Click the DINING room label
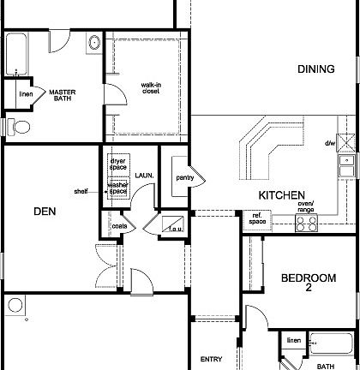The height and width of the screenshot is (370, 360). coord(316,69)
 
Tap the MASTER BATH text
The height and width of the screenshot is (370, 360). coord(63,95)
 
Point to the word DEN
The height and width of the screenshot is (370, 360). coord(45,211)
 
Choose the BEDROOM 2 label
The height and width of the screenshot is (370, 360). coord(308,283)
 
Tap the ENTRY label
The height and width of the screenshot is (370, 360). coord(212,360)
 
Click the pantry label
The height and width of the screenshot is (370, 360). coord(185,178)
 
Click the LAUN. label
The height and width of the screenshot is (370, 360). coord(143,175)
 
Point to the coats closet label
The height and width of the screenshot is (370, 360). coord(119,226)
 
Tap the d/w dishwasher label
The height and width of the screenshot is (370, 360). coord(330,143)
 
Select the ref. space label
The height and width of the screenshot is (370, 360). coord(256,218)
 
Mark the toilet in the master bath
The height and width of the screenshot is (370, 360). coord(20,127)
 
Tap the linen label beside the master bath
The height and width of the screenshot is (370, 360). coord(26,92)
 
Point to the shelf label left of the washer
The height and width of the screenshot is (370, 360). coord(81,191)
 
